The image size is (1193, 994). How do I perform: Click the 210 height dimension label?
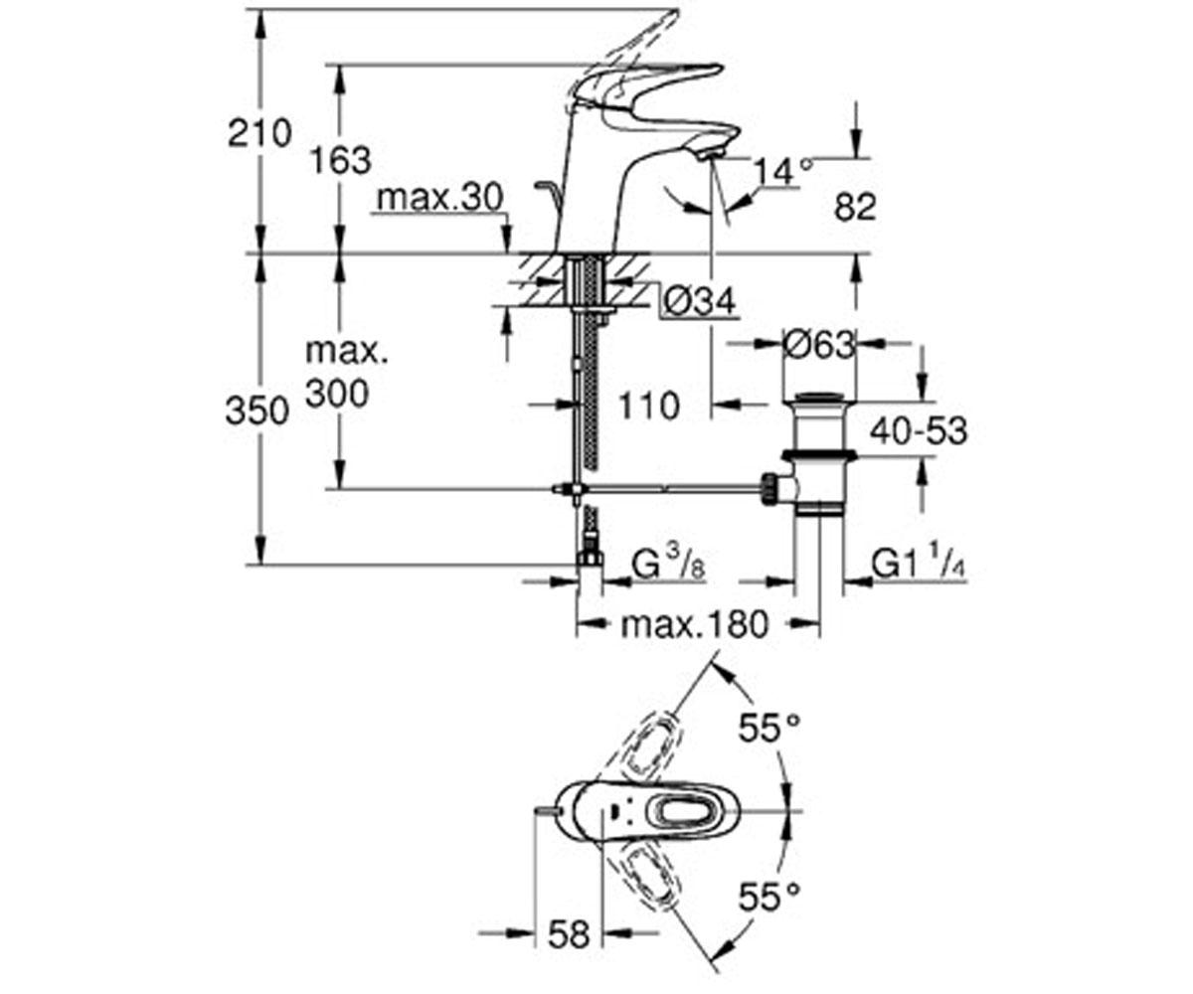(259, 132)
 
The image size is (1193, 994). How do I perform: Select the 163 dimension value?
(341, 159)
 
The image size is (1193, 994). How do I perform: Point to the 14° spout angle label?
(782, 172)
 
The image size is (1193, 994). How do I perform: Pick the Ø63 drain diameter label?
(818, 345)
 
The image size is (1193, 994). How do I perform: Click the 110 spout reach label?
(647, 406)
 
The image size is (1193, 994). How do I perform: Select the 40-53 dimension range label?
(918, 431)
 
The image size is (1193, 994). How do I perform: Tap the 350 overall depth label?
(256, 411)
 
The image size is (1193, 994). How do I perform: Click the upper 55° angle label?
(768, 729)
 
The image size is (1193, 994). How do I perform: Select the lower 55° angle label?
(768, 899)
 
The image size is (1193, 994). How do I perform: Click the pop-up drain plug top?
(818, 400)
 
